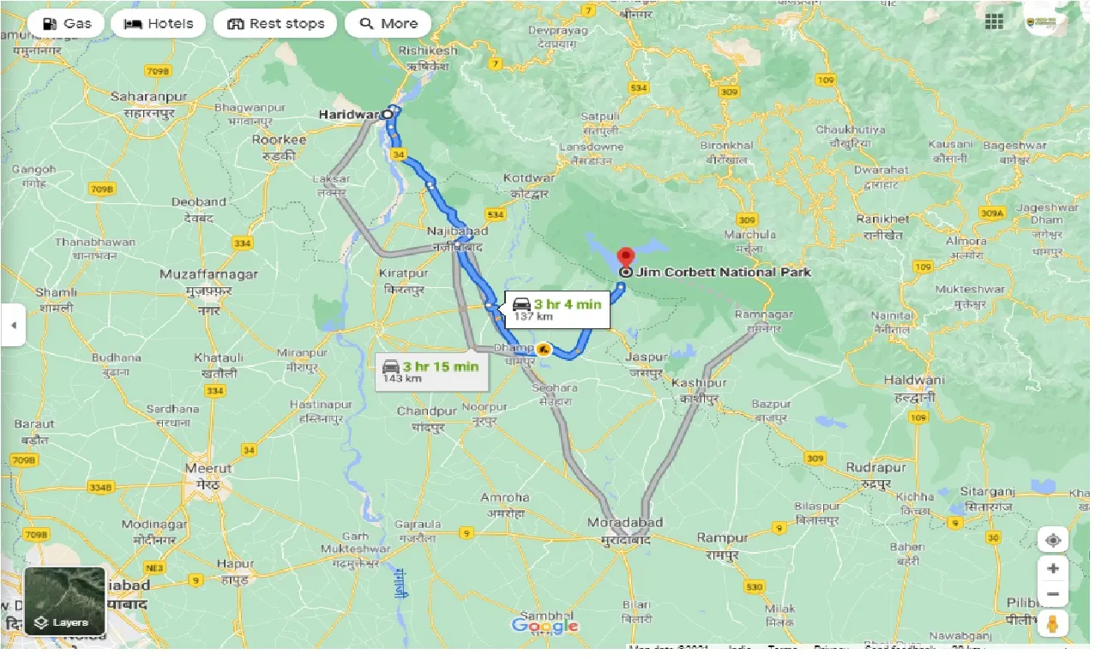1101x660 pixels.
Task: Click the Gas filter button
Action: tap(66, 23)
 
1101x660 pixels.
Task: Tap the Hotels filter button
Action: tap(159, 23)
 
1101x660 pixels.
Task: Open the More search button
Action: tap(388, 23)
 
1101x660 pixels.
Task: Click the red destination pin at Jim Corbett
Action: tap(627, 257)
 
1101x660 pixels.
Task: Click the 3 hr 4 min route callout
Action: tap(557, 309)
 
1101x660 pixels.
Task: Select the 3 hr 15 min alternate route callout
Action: tap(431, 372)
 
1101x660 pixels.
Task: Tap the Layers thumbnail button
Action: tap(64, 601)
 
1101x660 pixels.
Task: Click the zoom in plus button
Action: tap(1053, 568)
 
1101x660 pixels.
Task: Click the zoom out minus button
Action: tap(1053, 595)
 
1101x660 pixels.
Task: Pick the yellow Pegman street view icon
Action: tap(1053, 624)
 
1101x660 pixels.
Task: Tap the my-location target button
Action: tap(1053, 540)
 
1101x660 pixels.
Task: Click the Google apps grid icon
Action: tap(995, 22)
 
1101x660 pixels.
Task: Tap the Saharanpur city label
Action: tap(143, 97)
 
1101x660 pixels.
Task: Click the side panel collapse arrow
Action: tap(13, 326)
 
